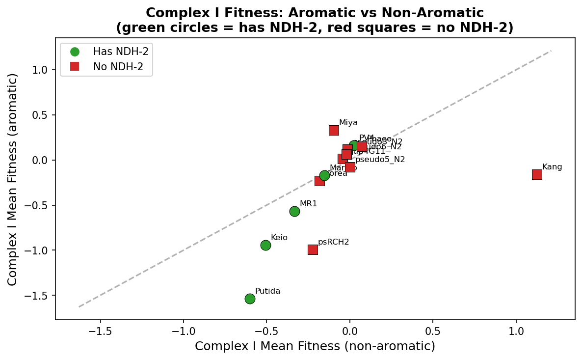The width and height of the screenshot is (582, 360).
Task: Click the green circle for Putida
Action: point(250,299)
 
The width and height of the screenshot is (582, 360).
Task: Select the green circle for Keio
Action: point(265,245)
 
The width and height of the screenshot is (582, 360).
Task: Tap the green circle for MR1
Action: point(294,211)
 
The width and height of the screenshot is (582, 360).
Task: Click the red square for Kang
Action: point(537,174)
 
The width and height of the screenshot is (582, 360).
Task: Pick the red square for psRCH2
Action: point(313,249)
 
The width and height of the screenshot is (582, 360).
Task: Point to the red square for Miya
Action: point(334,130)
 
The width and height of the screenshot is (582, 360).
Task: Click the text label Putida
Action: point(267,291)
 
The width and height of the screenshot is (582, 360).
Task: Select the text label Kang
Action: point(552,167)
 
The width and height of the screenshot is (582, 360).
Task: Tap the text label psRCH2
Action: point(333,242)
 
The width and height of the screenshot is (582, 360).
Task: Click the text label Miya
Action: point(348,123)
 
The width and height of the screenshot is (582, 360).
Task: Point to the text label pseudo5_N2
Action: point(380,160)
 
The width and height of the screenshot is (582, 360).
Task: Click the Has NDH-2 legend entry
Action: point(117,52)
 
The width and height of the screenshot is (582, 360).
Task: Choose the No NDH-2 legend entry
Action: point(118,66)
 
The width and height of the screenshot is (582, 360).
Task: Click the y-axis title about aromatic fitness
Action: point(13,179)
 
